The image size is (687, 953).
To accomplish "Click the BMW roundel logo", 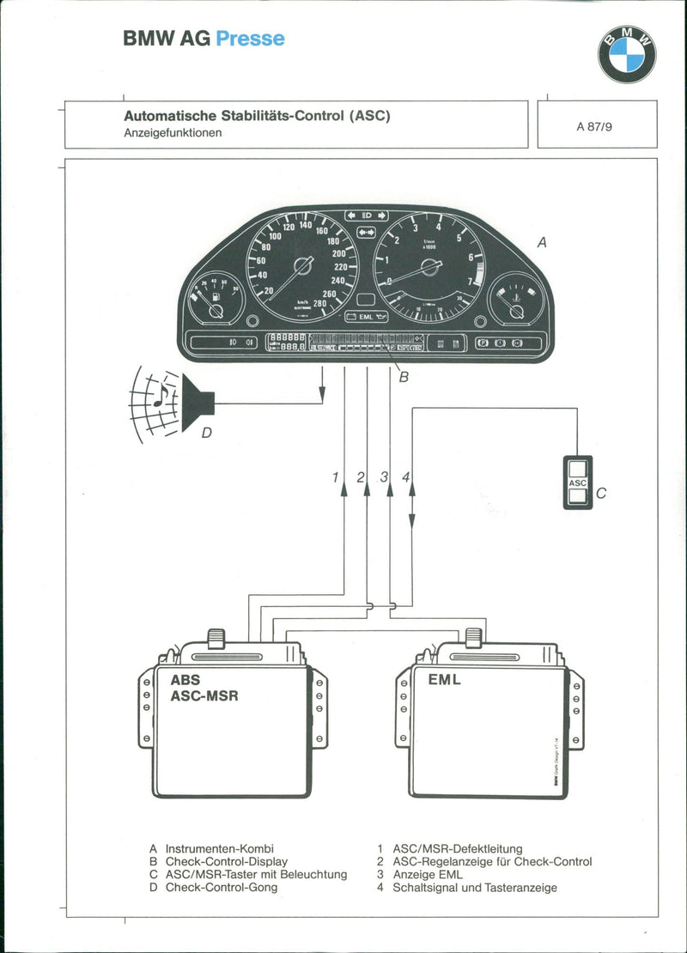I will click(x=627, y=54).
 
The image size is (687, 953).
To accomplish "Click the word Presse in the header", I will click(x=250, y=39).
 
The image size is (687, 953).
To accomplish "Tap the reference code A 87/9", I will click(x=594, y=125).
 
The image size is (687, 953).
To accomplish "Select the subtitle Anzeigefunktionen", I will click(x=173, y=133).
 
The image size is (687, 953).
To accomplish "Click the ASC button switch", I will click(x=578, y=483).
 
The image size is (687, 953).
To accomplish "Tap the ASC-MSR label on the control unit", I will click(x=204, y=695).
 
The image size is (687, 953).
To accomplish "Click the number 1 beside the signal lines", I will click(x=336, y=477).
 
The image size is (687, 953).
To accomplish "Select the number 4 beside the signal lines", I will click(x=405, y=477).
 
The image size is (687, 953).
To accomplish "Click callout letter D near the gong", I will click(x=206, y=434).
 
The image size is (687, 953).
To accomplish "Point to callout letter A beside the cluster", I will click(x=541, y=243).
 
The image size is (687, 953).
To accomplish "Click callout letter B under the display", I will click(x=404, y=376).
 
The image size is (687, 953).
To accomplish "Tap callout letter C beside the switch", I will click(x=601, y=494).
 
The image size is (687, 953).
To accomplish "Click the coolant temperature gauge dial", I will click(x=516, y=300).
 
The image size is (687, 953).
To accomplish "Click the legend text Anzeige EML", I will click(x=427, y=874).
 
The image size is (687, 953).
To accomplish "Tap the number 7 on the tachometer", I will click(x=470, y=281).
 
